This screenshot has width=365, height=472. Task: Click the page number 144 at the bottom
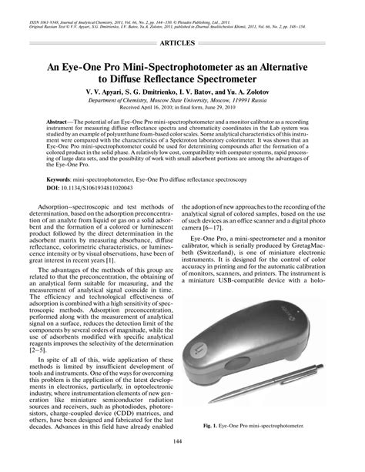(182, 462)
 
